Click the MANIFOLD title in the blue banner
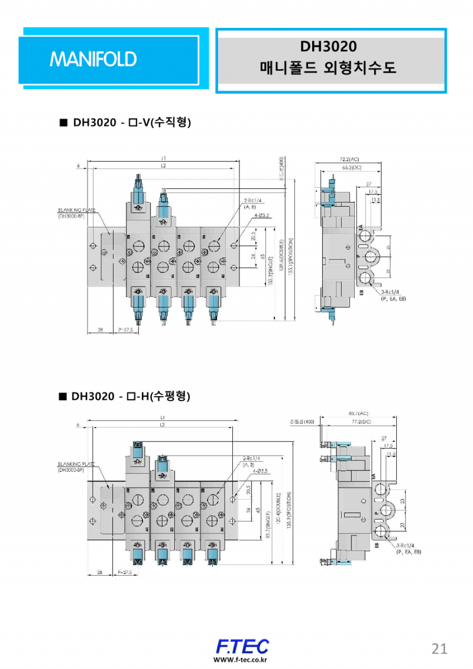click(93, 59)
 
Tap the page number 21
click(439, 648)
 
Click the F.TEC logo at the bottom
click(242, 646)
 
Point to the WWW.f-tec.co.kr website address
click(241, 660)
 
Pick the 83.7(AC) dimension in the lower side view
click(358, 413)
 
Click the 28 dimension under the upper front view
click(100, 331)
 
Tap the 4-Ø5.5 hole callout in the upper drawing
click(261, 216)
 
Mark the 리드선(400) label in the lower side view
click(302, 422)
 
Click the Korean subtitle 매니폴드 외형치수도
click(328, 68)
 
